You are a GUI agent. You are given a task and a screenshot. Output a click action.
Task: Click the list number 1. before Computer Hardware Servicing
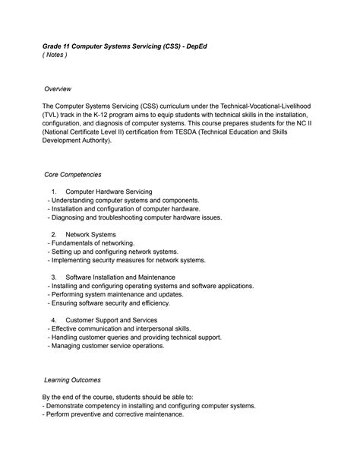[x=55, y=191]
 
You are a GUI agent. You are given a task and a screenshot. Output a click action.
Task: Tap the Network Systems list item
[x=90, y=234]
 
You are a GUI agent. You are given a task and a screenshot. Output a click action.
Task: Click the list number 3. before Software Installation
[x=55, y=277]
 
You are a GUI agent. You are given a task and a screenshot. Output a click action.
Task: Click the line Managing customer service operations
[x=106, y=346]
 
